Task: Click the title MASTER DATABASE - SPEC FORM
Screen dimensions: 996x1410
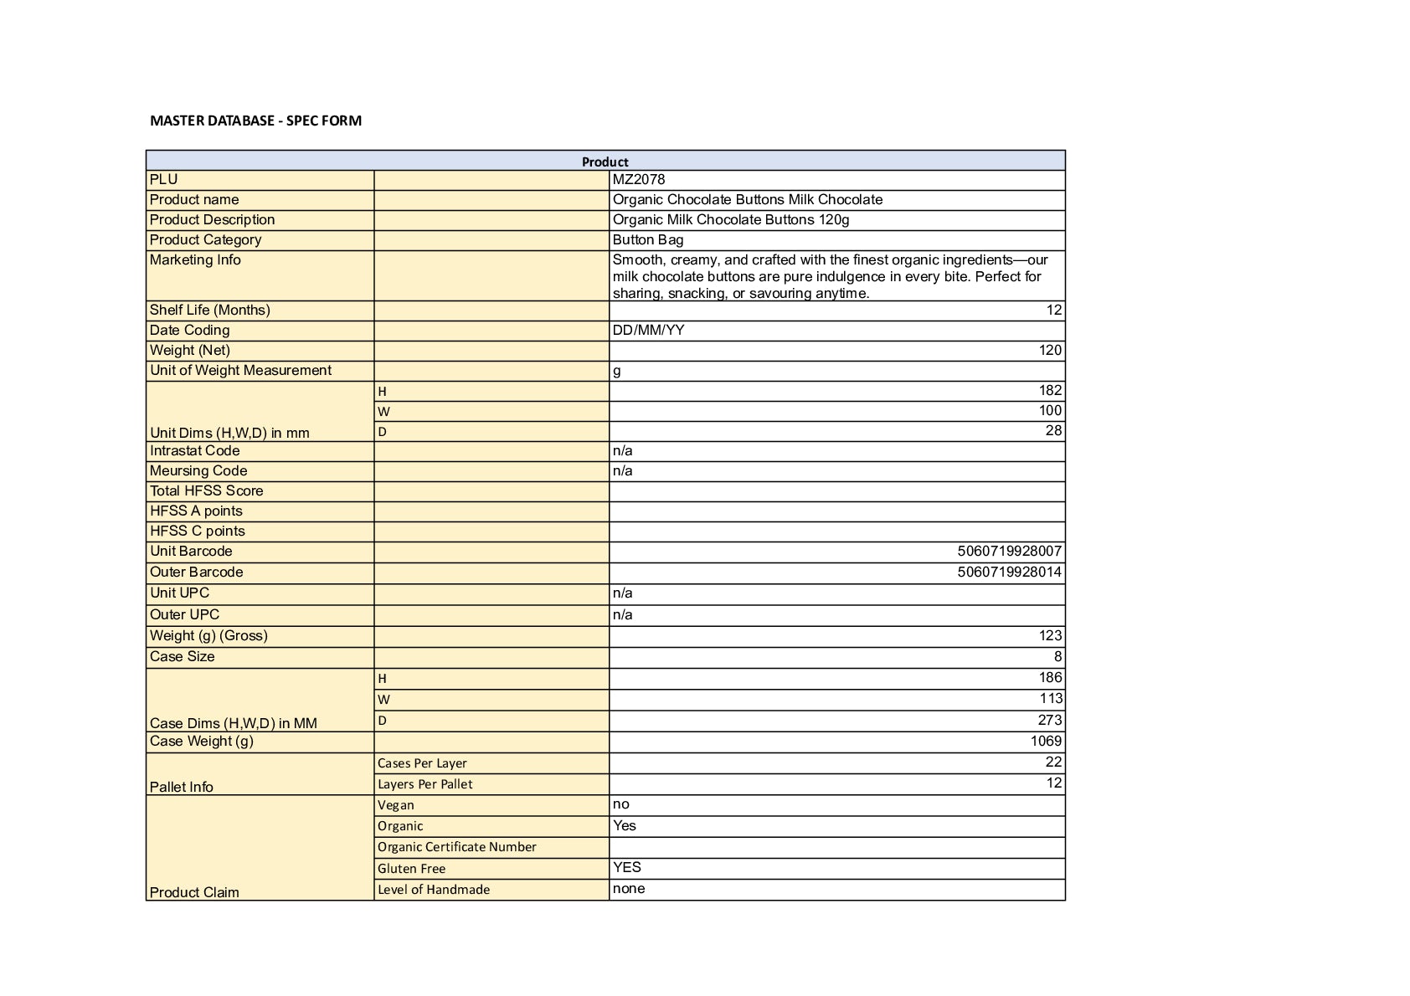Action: [x=255, y=121]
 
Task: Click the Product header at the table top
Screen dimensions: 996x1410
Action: [x=605, y=162]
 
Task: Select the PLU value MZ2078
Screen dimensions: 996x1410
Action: [x=639, y=179]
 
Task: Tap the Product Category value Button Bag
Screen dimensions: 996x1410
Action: [x=648, y=239]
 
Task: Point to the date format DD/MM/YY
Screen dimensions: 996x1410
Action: [x=648, y=330]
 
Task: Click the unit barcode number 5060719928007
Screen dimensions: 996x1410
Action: [x=1009, y=551]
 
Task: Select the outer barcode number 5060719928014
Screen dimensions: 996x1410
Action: [x=1009, y=572]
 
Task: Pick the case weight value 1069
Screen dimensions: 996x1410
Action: [x=1046, y=741]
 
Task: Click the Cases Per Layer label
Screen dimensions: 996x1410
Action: [x=422, y=762]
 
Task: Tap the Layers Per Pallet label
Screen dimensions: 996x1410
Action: [x=425, y=783]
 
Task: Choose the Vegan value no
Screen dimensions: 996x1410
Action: [x=620, y=803]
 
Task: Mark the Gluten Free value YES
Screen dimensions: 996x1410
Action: [x=626, y=867]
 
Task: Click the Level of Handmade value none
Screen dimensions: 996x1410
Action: [x=628, y=888]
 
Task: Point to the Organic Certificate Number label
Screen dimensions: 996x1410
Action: [x=456, y=846]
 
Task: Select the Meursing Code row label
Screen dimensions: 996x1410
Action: [x=198, y=470]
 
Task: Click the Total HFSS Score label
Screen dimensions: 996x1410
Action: [x=206, y=490]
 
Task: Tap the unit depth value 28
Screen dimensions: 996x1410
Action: [x=1053, y=430]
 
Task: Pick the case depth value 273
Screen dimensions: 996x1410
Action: [x=1049, y=720]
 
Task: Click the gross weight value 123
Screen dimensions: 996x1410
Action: [x=1050, y=635]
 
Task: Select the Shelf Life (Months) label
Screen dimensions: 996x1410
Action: [x=209, y=310]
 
